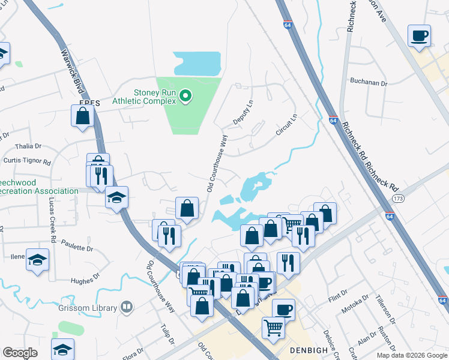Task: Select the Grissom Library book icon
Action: pos(126,308)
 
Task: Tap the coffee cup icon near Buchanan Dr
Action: pos(420,35)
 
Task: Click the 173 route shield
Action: pos(397,197)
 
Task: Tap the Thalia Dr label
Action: pos(28,146)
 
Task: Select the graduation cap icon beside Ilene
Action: pos(38,259)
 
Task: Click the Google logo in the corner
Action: pos(20,353)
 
